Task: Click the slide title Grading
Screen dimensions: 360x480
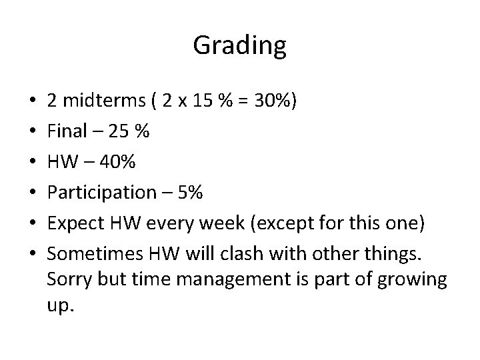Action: click(x=239, y=46)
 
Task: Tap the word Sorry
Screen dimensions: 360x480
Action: click(x=67, y=279)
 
